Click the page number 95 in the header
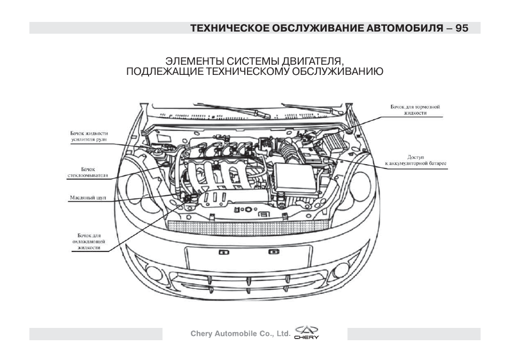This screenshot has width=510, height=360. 462,28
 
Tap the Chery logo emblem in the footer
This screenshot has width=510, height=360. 307,333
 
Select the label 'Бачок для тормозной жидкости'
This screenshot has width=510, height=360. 415,110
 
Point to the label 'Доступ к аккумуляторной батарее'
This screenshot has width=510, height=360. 415,160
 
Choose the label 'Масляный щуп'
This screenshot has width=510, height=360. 88,197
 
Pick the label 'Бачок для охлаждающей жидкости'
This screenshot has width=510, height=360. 89,242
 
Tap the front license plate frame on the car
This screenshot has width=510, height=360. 249,258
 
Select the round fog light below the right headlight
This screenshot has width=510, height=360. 341,270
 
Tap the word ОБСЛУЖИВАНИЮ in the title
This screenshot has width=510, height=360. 337,71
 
